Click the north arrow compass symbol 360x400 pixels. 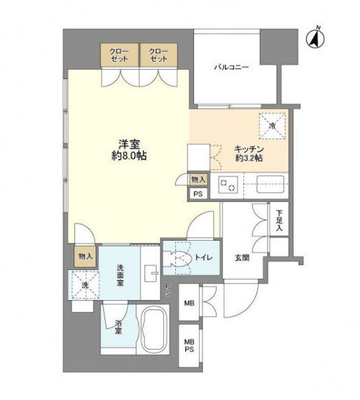[x=316, y=38]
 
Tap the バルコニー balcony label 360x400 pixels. [x=232, y=67]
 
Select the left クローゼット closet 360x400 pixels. [x=119, y=55]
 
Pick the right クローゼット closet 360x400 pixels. [x=159, y=55]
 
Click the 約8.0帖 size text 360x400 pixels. [x=129, y=156]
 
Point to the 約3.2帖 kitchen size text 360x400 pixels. [x=249, y=158]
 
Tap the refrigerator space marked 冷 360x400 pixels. [x=272, y=126]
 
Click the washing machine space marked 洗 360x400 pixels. [x=85, y=284]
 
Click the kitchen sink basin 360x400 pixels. [x=270, y=184]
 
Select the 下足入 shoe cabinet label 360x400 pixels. [x=279, y=221]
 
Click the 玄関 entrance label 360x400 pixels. [x=242, y=258]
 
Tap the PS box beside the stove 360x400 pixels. [x=198, y=194]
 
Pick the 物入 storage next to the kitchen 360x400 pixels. [x=198, y=179]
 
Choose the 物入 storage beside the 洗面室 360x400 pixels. [x=85, y=257]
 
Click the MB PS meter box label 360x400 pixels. [x=189, y=346]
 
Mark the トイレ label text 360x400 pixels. [x=203, y=258]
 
